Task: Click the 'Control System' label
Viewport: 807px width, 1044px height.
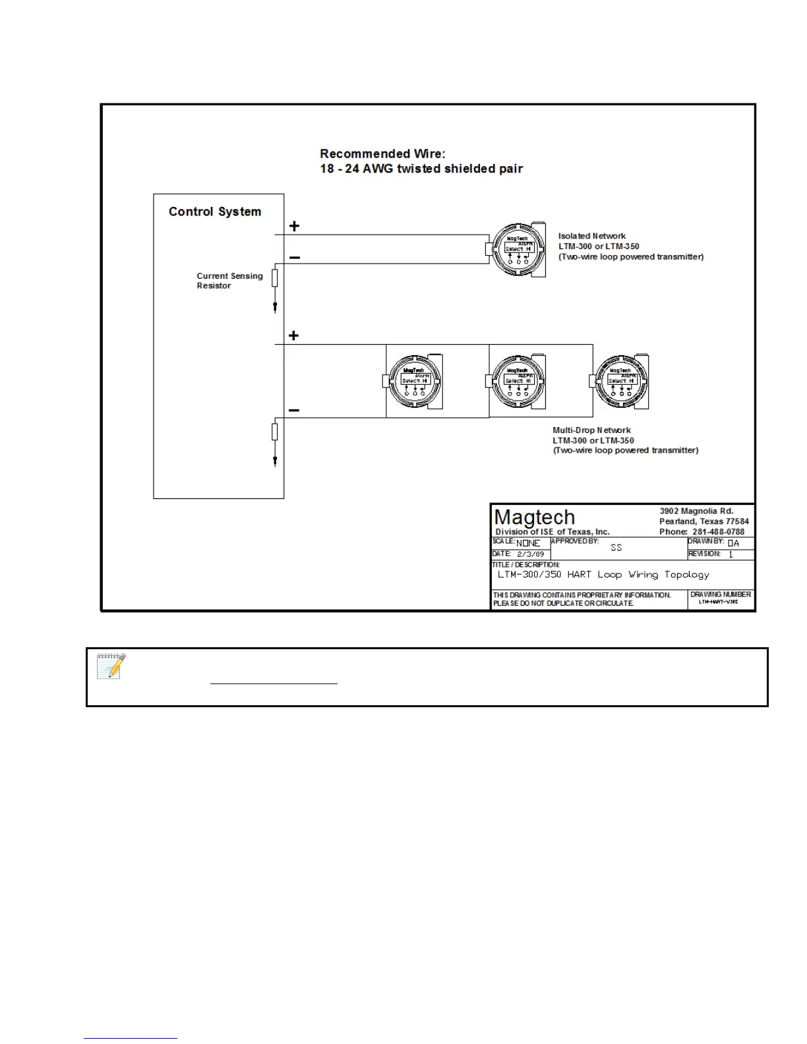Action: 215,212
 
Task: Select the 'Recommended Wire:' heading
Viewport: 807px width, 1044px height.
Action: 382,154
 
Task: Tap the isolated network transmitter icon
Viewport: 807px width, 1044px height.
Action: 518,250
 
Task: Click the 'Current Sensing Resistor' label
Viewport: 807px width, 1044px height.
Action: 229,281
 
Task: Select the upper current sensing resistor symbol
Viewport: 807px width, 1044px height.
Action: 275,278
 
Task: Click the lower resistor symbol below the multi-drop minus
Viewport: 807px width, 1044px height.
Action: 275,432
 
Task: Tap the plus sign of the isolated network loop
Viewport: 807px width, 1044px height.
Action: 294,226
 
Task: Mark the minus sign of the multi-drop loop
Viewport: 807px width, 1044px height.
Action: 294,411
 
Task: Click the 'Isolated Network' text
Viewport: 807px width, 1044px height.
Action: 592,236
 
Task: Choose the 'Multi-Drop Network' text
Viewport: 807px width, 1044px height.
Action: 591,430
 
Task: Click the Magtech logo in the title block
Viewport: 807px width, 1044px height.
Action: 535,517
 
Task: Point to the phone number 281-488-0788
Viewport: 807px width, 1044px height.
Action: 718,532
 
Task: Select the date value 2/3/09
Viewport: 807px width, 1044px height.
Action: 531,555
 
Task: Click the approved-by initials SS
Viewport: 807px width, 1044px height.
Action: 616,548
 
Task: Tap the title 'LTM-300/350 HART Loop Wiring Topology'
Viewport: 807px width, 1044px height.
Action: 603,575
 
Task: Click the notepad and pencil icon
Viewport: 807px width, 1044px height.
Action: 111,666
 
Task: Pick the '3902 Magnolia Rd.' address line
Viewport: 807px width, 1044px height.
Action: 696,511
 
